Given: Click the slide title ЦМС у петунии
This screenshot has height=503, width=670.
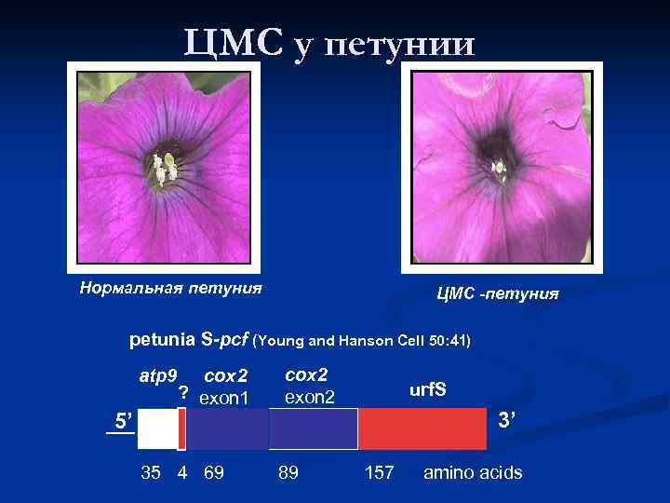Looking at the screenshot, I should point(329,42).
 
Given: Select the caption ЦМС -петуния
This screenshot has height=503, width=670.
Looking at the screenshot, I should point(498,294).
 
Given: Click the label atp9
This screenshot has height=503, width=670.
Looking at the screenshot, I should point(157,376).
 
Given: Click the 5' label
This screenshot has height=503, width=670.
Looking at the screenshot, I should point(120,418).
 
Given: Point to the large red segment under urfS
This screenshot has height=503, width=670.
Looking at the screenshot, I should point(423,429).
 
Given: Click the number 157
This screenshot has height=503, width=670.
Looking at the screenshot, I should point(379,473).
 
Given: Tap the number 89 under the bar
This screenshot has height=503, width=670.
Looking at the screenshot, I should point(288,473).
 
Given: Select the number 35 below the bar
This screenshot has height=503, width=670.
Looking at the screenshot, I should point(151,473).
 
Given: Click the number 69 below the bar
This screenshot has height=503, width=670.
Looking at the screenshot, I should point(213,473).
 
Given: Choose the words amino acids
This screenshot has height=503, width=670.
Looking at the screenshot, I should point(473,473).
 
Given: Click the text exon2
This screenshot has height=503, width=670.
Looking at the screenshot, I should point(308,397).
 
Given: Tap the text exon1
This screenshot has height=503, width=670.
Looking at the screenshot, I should point(224,398).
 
